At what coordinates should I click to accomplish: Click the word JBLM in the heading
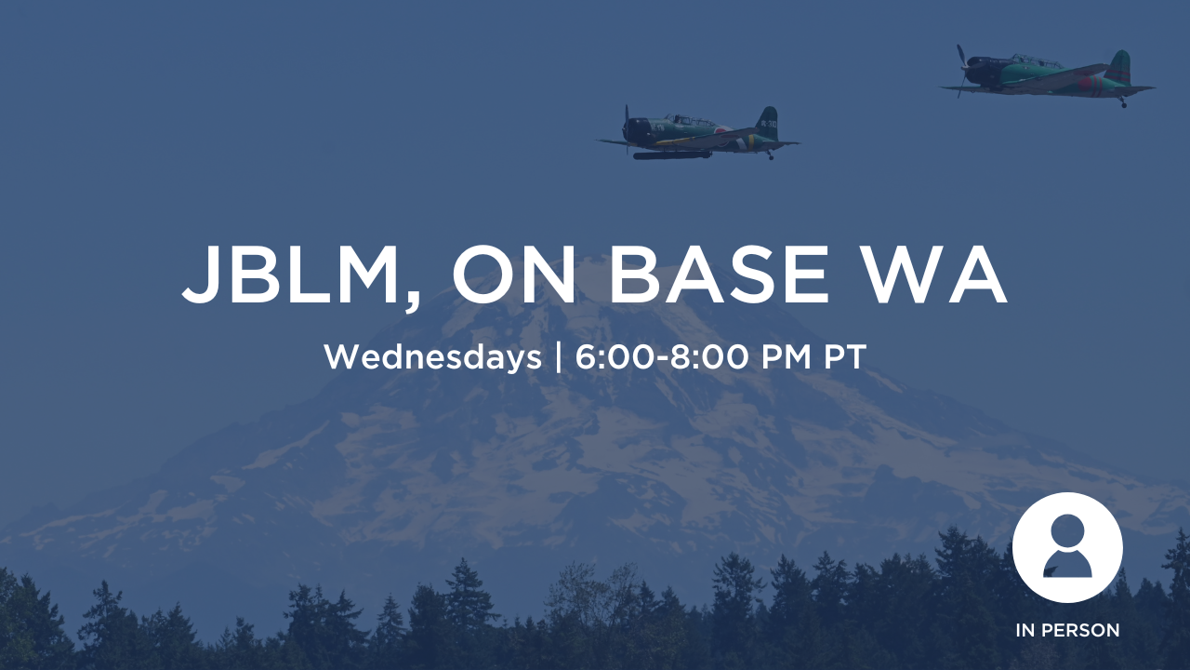[291, 275]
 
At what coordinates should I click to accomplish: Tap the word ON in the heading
[514, 275]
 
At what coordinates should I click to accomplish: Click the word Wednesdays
[432, 356]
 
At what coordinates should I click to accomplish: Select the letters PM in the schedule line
[787, 356]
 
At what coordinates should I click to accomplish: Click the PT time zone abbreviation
[845, 356]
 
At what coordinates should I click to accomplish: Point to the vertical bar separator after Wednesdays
[558, 357]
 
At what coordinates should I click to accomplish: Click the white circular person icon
[1067, 547]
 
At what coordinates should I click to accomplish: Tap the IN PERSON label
[1067, 630]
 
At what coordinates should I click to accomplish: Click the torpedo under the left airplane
[672, 155]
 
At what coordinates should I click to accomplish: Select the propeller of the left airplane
[627, 129]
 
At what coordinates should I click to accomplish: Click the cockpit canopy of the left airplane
[688, 120]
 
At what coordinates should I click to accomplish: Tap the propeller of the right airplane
[962, 71]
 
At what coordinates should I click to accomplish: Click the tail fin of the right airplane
[1118, 66]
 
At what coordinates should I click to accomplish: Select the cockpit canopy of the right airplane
[1036, 60]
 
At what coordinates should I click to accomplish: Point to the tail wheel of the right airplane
[1123, 104]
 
